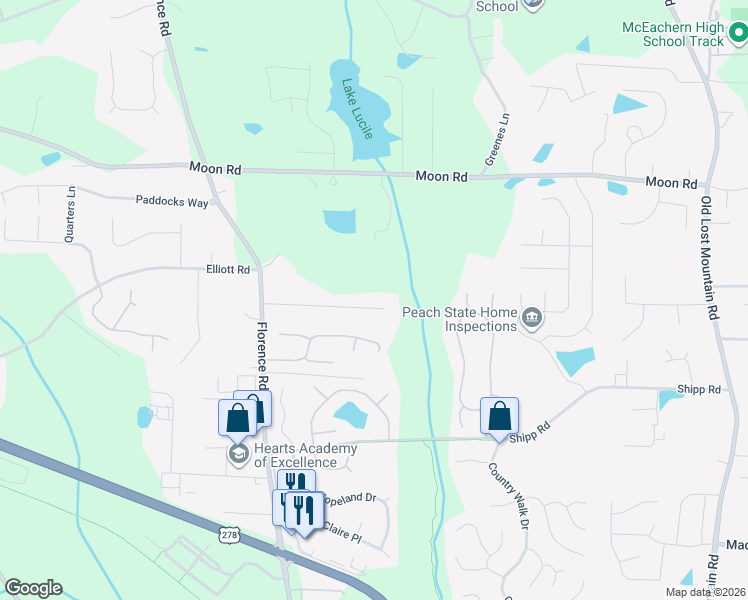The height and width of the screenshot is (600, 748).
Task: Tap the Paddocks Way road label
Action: click(172, 201)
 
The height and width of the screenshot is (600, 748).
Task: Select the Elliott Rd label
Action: click(228, 269)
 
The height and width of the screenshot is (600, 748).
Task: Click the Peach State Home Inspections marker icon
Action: click(532, 320)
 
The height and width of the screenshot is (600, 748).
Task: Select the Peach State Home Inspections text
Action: click(460, 319)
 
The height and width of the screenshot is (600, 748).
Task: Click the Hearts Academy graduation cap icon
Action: click(238, 455)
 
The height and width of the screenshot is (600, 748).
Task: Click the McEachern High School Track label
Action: click(671, 33)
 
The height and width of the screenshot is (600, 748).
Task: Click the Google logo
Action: click(34, 588)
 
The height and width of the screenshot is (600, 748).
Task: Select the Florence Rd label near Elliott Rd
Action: click(262, 355)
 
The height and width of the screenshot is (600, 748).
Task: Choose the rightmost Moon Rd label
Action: click(671, 183)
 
